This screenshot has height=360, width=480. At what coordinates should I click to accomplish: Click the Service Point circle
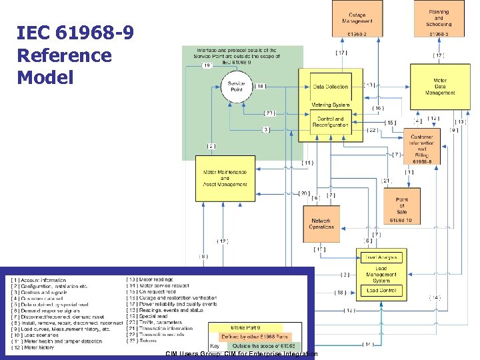click(x=236, y=87)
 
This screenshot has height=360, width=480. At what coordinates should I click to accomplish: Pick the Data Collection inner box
click(x=331, y=87)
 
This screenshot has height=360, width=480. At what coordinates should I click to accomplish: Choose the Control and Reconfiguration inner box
click(x=331, y=121)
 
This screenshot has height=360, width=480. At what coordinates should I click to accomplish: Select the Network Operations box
click(x=321, y=222)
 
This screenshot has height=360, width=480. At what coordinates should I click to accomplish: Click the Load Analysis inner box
click(x=381, y=257)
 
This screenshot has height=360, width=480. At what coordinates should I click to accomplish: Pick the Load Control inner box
click(x=381, y=290)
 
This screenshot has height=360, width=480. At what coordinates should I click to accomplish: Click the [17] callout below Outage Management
click(x=341, y=53)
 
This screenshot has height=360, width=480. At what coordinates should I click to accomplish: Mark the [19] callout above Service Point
click(x=207, y=65)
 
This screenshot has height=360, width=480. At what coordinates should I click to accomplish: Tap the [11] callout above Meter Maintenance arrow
click(x=307, y=163)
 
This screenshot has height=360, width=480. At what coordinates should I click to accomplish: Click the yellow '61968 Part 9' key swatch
click(x=245, y=328)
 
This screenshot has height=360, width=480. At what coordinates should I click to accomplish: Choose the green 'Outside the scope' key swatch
click(x=263, y=347)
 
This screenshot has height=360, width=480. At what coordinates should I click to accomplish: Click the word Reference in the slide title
click(x=64, y=55)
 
